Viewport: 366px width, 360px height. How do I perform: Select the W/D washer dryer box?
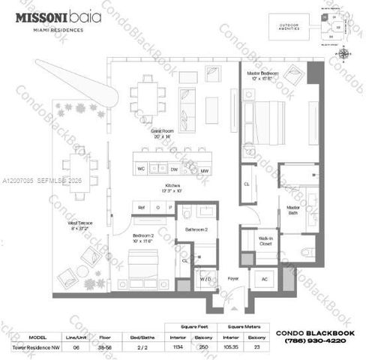pos(205,279)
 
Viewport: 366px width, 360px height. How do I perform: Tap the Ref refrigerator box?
pos(141,206)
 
